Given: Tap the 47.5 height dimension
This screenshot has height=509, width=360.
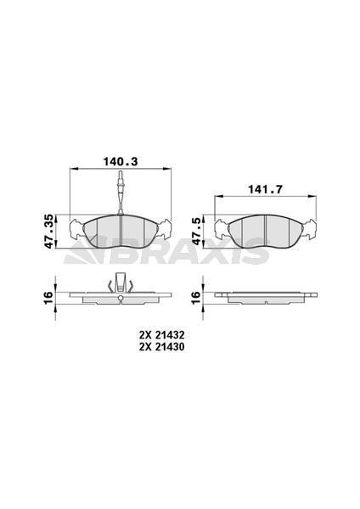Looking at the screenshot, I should (198, 229).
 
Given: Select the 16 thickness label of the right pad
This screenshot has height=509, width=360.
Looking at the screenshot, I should (198, 296).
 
